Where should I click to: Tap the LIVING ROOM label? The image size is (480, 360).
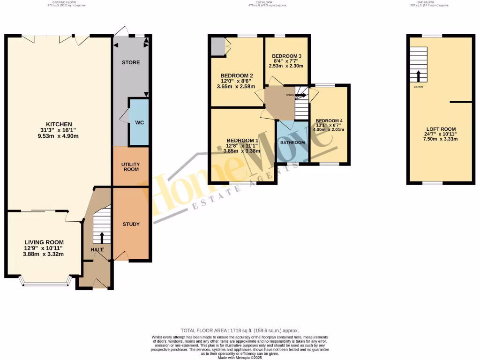[x=44, y=242]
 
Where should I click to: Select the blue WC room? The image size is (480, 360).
[x=139, y=122]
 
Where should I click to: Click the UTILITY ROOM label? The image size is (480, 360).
[x=131, y=166]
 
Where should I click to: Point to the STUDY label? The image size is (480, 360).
[x=131, y=224]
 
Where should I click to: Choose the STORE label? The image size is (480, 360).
[x=131, y=62]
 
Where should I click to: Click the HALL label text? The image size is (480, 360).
[x=97, y=250]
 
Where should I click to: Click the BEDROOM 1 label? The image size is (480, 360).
[x=242, y=140]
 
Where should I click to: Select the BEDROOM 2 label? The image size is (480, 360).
[x=237, y=75]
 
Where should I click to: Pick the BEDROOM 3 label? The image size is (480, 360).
[x=286, y=56]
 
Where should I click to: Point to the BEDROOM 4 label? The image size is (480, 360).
[x=329, y=120]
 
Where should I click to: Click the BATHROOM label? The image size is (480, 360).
[x=292, y=142]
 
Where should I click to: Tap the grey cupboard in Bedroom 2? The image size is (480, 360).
[x=217, y=46]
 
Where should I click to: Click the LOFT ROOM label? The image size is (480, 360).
[x=441, y=129]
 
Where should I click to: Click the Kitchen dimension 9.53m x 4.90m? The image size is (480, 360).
[x=59, y=136]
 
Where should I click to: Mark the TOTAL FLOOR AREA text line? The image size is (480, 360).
[x=240, y=330]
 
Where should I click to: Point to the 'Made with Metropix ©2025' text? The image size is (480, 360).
[x=240, y=357]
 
